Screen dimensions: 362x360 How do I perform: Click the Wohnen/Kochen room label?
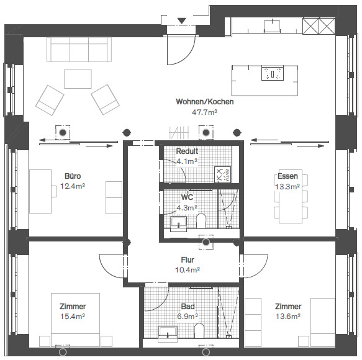tap(204, 102)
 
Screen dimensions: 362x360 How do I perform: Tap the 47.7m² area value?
tap(204, 112)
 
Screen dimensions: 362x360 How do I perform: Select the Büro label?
tap(73, 176)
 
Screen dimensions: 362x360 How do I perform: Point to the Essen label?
tap(287, 176)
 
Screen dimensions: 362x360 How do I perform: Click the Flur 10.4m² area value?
tap(188, 269)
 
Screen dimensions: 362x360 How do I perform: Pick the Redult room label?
tap(187, 151)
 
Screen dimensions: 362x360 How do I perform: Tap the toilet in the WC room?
tap(201, 221)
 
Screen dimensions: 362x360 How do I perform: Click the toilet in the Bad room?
tap(199, 331)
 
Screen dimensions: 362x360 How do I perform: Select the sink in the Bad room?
tap(168, 334)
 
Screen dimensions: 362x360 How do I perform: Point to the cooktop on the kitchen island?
tap(273, 73)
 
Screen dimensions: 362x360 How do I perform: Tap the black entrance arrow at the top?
tap(182, 20)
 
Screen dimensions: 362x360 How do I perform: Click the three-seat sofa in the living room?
tap(79, 49)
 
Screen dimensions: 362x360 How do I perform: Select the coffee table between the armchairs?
tap(78, 79)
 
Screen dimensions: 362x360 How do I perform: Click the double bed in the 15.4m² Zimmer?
tap(76, 320)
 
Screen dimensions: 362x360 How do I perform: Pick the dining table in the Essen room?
tap(291, 197)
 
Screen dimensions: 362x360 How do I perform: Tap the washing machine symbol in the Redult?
tap(222, 174)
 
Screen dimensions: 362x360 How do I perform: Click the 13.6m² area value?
tap(288, 317)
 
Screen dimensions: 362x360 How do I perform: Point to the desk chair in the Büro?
tap(54, 191)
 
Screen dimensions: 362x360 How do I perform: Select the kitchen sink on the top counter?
tap(272, 26)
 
